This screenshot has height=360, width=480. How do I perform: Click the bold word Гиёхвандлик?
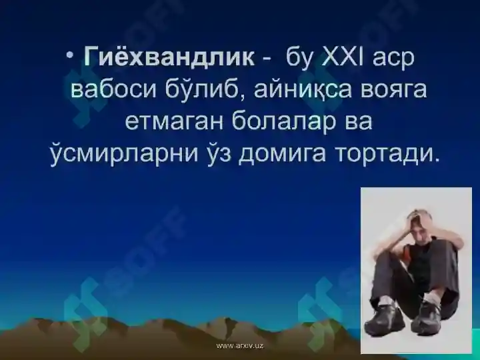169,57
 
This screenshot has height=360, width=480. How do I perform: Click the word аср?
394,58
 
